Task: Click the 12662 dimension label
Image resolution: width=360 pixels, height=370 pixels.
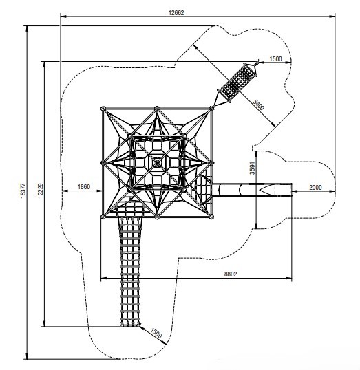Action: tap(176, 12)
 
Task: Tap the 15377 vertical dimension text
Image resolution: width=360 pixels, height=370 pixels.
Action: tap(23, 191)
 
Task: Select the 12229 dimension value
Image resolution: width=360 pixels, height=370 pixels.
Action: tap(41, 191)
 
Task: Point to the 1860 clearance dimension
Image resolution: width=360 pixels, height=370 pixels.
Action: tap(84, 186)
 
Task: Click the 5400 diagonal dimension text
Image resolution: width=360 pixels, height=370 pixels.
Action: tap(258, 105)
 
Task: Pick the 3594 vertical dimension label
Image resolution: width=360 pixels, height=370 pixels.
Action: tap(253, 168)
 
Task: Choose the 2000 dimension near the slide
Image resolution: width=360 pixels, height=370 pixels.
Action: tap(315, 187)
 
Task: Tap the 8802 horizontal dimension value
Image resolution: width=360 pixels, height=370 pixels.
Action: tap(231, 274)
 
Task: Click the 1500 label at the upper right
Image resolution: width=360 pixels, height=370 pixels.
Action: tap(275, 58)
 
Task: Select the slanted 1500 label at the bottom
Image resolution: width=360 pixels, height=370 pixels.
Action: tap(156, 333)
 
